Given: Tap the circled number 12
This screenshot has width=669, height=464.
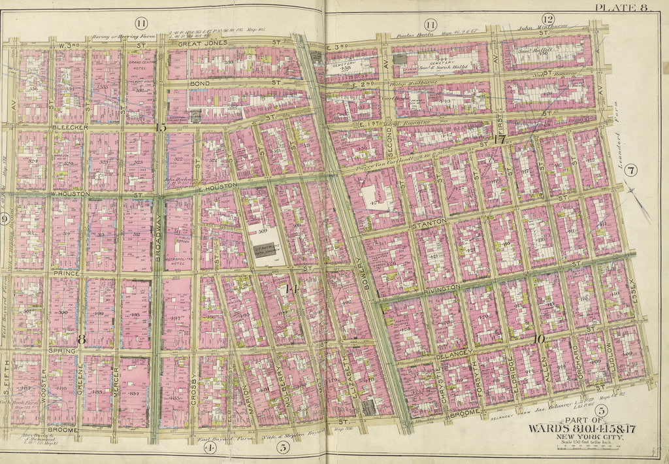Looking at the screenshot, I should coord(547,20).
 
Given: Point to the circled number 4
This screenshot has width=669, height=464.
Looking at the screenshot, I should coord(209,448).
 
